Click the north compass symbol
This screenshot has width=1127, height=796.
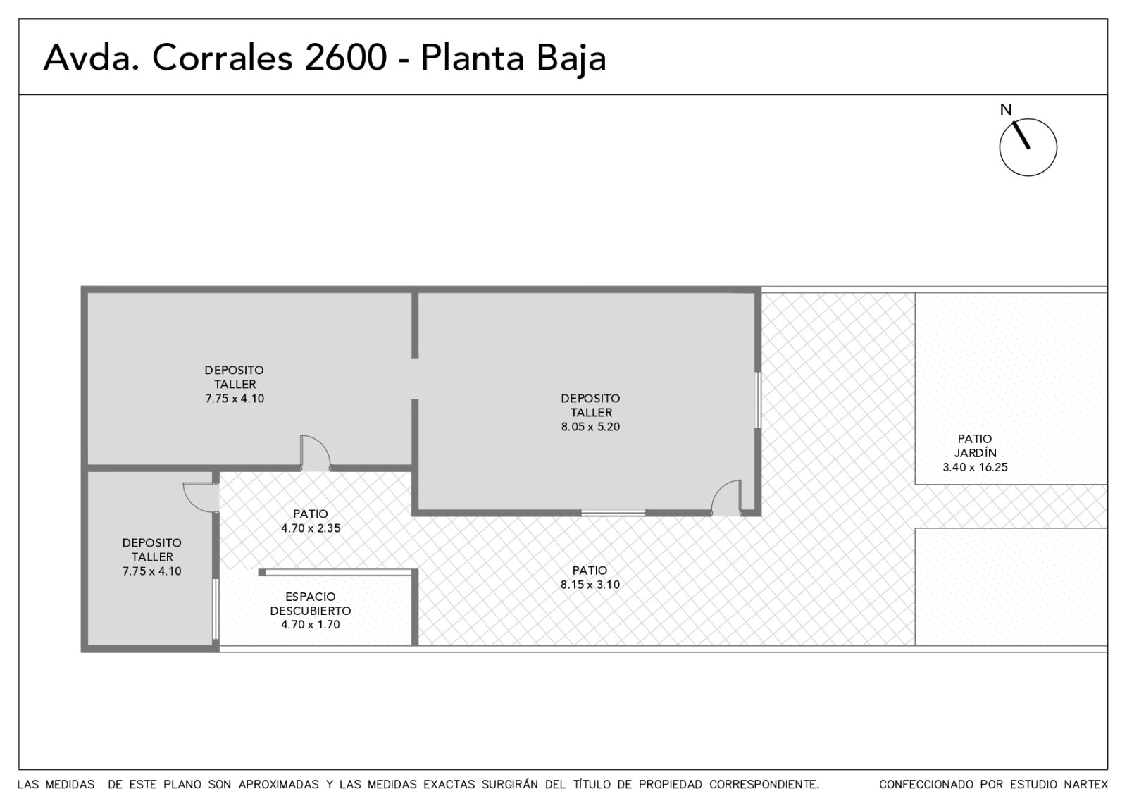[1028, 147]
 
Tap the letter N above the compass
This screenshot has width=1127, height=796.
[1006, 110]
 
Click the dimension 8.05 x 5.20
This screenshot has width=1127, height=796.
[590, 427]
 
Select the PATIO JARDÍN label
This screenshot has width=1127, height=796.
[975, 445]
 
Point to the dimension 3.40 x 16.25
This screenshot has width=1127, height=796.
[975, 467]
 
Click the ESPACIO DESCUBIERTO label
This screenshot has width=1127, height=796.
[311, 604]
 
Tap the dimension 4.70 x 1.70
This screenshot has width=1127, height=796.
[311, 624]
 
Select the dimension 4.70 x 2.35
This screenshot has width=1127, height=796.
[311, 528]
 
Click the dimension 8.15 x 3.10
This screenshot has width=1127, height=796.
[590, 585]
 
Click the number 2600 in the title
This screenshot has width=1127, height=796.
[346, 57]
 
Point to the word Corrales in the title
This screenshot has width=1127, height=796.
[222, 57]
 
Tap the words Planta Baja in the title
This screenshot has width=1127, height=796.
[513, 58]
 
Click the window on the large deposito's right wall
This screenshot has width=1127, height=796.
[757, 400]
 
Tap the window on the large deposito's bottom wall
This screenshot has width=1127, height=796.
[614, 513]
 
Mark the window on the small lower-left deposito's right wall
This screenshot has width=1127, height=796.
[216, 609]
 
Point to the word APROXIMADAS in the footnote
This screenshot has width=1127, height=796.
[278, 784]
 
